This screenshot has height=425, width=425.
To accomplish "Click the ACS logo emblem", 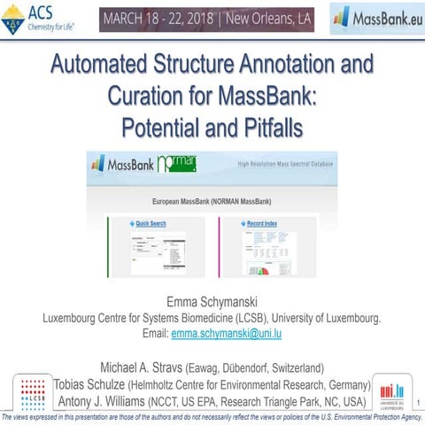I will point(13,18).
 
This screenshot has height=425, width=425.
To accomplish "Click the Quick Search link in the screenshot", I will point(151,223).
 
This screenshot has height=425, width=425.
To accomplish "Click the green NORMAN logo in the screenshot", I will point(177,164).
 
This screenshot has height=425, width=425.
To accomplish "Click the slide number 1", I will point(416,406).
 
